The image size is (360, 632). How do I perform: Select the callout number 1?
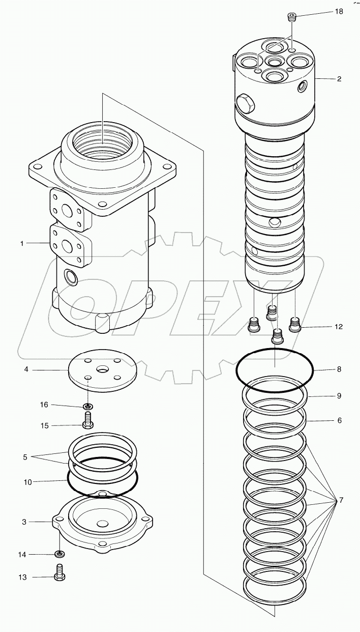pos(22,244)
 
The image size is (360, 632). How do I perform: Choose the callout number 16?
pos(44,405)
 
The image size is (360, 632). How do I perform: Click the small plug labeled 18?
pos(291,19)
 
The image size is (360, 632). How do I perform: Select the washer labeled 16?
pos(88,406)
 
